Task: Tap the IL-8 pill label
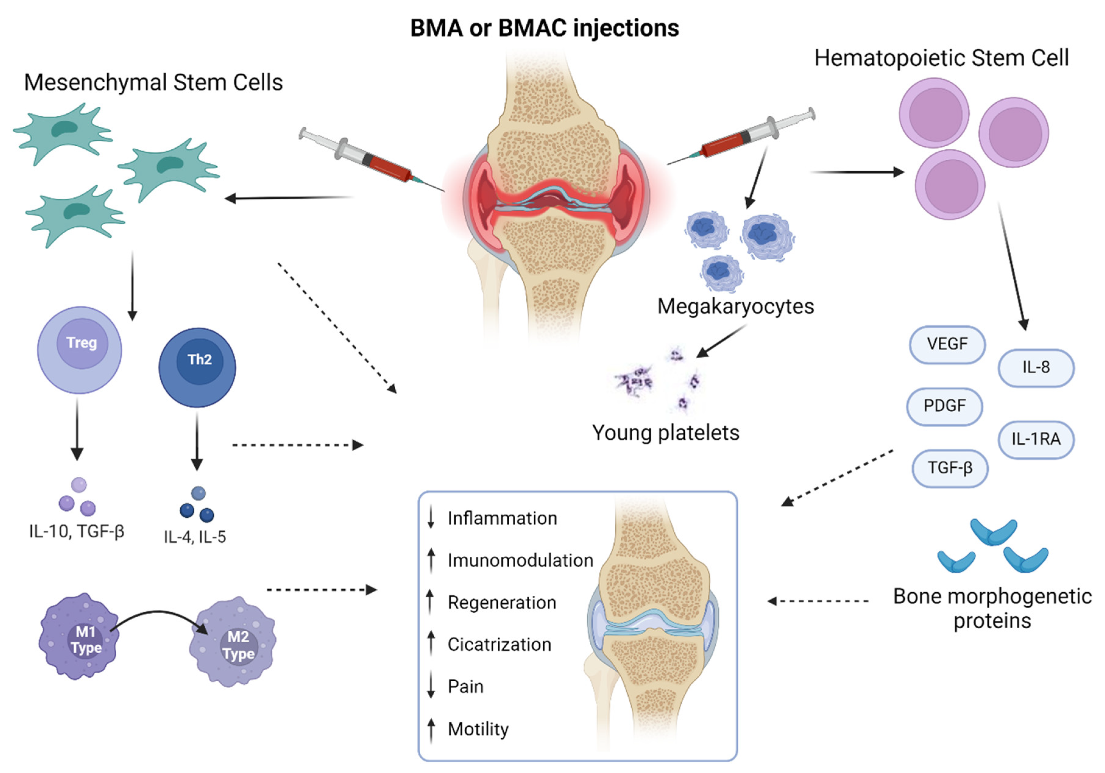point(1036,368)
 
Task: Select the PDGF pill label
point(944,406)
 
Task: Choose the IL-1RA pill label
point(1036,439)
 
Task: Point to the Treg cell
point(80,350)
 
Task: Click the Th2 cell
point(197,367)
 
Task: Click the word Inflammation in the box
point(502,518)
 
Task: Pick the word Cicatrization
point(499,644)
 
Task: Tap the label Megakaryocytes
point(735,307)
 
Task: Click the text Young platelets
point(665,433)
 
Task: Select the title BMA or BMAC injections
point(544,28)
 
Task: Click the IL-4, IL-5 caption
point(195,537)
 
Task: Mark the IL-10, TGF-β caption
point(77,531)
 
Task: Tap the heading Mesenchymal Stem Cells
point(153,82)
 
